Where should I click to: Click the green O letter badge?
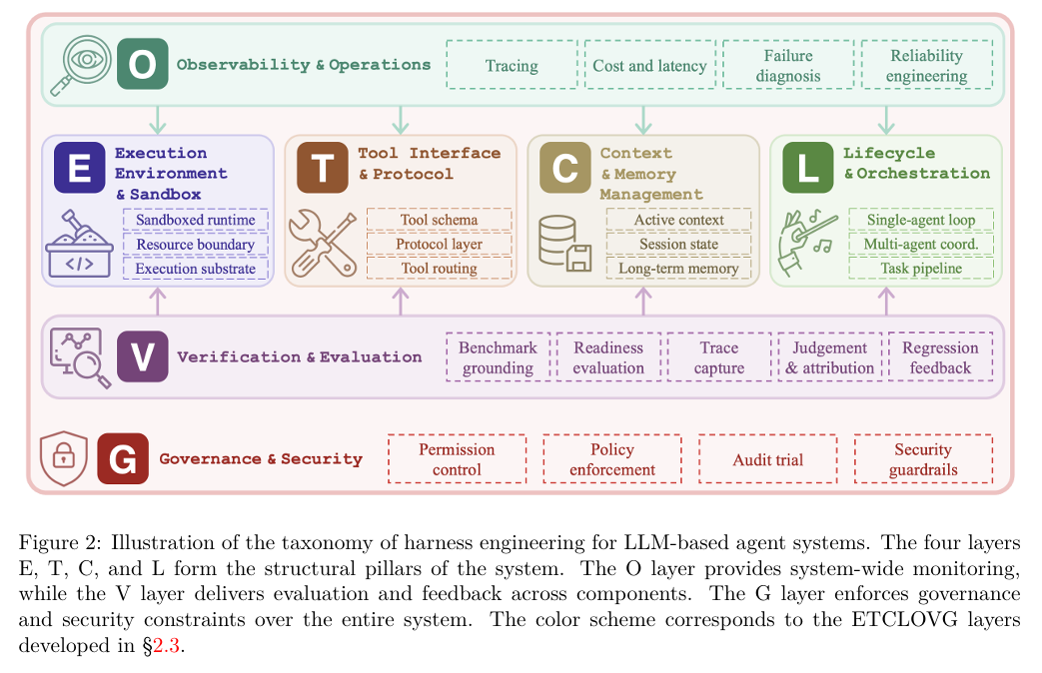tap(142, 64)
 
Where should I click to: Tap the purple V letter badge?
tap(142, 356)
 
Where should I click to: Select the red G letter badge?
tap(122, 458)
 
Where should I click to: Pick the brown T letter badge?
tap(323, 168)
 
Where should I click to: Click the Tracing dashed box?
tap(512, 65)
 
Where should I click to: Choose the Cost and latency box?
tap(650, 65)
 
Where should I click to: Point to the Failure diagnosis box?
tap(788, 65)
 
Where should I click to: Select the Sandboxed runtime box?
tap(196, 220)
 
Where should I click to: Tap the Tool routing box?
tap(440, 269)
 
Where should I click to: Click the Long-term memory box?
tap(678, 269)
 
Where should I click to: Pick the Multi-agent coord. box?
tap(921, 244)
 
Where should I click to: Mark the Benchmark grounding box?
tap(498, 356)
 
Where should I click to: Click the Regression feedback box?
tap(940, 356)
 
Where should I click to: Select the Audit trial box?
tap(767, 459)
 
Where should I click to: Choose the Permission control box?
tap(457, 459)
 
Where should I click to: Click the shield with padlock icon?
tap(64, 458)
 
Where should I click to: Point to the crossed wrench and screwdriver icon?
tap(323, 244)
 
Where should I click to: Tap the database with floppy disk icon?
tap(564, 244)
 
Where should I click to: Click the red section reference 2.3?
tap(167, 646)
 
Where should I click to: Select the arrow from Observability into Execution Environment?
tap(158, 120)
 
